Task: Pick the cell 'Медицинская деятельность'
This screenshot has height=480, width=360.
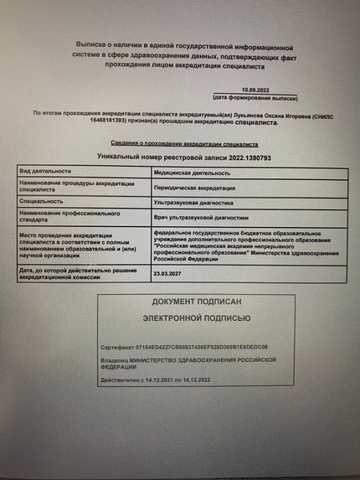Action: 192,173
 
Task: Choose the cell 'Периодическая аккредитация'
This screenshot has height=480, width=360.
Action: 195,188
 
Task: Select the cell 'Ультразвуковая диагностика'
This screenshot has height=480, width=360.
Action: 195,202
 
